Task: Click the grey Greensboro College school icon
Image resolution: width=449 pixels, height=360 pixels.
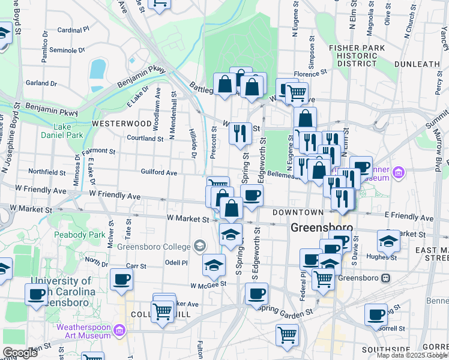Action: click(199, 246)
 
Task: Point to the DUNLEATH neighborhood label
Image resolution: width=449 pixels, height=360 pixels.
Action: click(417, 64)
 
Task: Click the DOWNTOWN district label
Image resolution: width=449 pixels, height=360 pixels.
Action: click(298, 213)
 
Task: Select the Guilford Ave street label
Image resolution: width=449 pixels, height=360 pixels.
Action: click(158, 173)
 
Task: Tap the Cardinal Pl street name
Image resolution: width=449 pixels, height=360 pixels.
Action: click(73, 29)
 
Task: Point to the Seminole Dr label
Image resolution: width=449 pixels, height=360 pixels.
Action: click(66, 50)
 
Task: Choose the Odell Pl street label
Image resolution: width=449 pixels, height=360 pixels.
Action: click(176, 263)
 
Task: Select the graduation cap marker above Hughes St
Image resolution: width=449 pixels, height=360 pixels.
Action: click(388, 241)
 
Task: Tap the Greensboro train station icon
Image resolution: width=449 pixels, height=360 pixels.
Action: click(387, 278)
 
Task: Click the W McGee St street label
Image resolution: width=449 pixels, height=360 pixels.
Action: click(208, 284)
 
